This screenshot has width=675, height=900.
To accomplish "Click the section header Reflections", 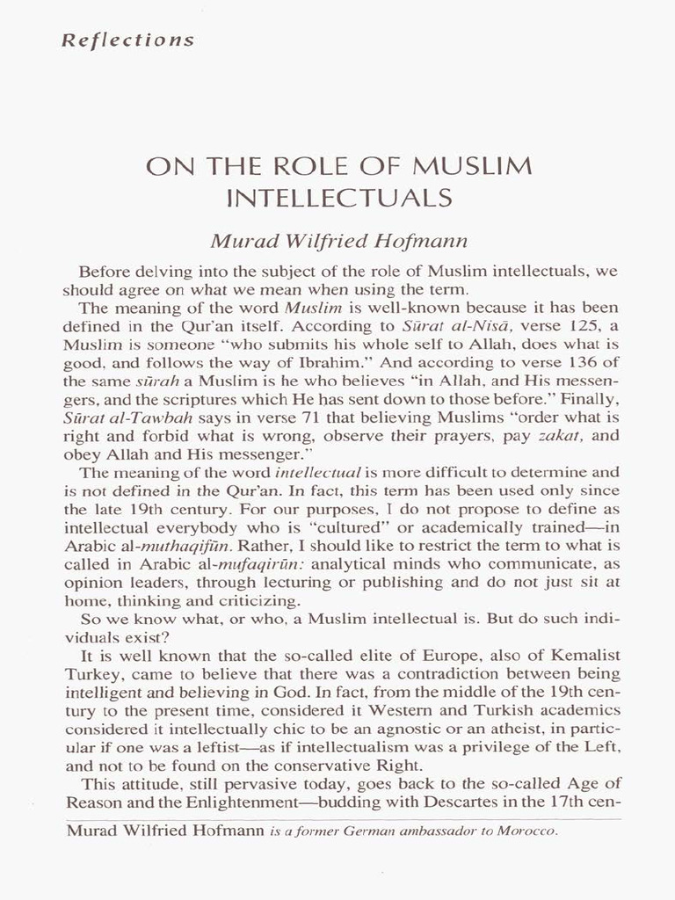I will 128,40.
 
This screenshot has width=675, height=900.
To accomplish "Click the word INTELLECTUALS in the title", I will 338,198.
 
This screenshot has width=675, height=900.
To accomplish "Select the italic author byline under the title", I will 337,237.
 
